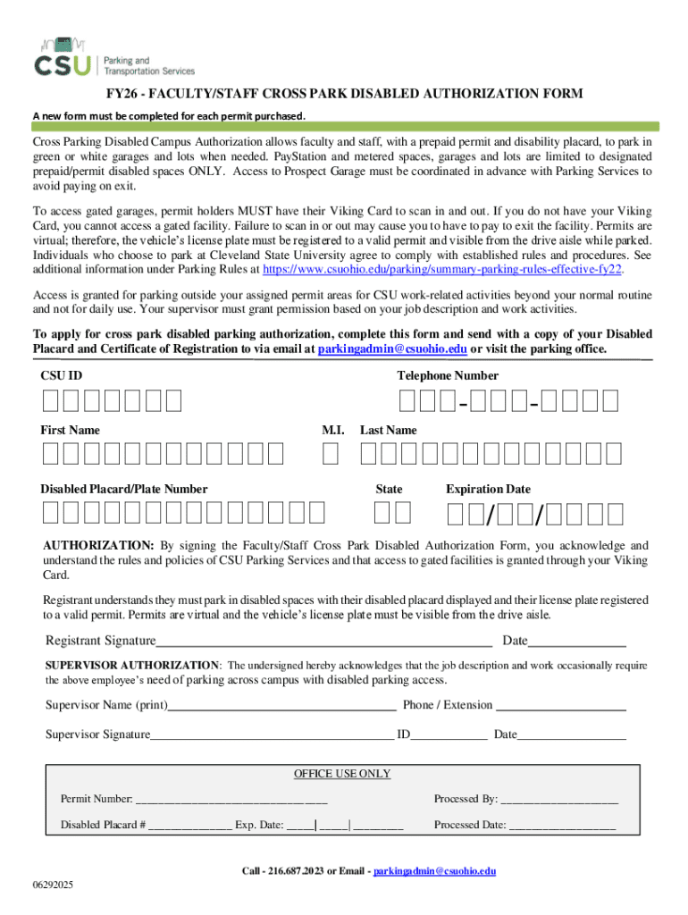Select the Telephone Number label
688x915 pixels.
pyautogui.click(x=448, y=376)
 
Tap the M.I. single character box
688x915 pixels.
pyautogui.click(x=331, y=456)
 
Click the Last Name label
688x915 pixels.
pyautogui.click(x=388, y=431)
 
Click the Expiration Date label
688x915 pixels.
pyautogui.click(x=488, y=490)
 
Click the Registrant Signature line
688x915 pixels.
pyautogui.click(x=324, y=642)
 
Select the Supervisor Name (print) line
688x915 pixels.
pyautogui.click(x=282, y=706)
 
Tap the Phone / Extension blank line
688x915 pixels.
pyautogui.click(x=561, y=706)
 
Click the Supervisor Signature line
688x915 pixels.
pyautogui.click(x=272, y=736)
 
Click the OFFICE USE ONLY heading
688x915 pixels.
pyautogui.click(x=342, y=774)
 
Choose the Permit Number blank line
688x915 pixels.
pyautogui.click(x=231, y=800)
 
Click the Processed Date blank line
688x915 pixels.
pyautogui.click(x=562, y=827)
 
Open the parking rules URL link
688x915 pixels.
pyautogui.click(x=439, y=268)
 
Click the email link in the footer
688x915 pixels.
pyautogui.click(x=434, y=871)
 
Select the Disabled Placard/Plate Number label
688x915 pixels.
pyautogui.click(x=124, y=490)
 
